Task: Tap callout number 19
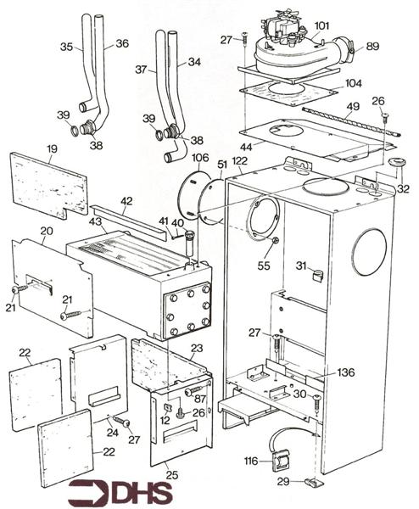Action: click(x=52, y=149)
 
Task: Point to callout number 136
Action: click(x=345, y=372)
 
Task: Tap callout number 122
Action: click(x=239, y=161)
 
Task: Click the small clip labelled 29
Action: click(x=313, y=484)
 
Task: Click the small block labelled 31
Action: click(x=317, y=274)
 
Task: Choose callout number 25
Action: click(x=172, y=474)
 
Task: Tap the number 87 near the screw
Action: click(x=199, y=399)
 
